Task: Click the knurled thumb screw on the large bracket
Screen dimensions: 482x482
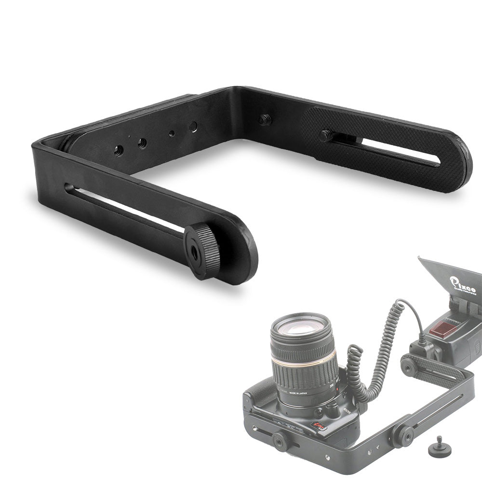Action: coord(201,250)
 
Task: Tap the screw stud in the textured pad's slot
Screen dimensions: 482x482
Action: coord(326,136)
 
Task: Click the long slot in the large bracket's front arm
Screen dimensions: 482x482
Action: coord(125,207)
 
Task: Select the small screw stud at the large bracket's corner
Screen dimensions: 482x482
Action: coord(264,119)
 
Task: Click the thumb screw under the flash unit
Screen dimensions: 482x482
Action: coord(410,367)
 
